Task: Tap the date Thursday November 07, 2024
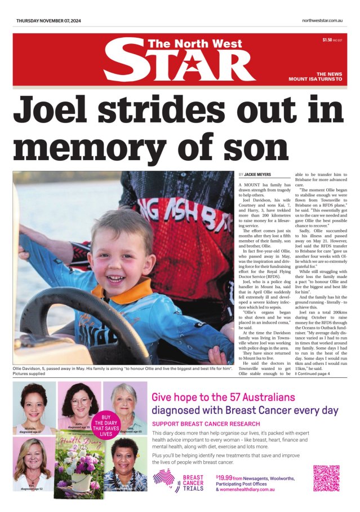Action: tap(48, 21)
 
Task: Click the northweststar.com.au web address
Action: tap(322, 21)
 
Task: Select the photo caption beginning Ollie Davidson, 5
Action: tap(123, 370)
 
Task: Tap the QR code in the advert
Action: tap(326, 478)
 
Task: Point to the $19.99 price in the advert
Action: tap(224, 476)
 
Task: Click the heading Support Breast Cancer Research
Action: tap(206, 423)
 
